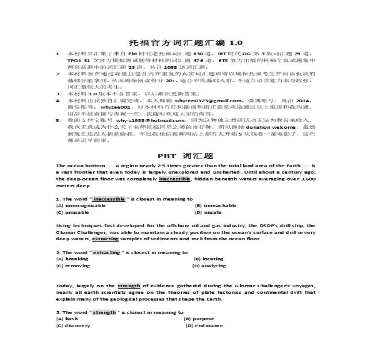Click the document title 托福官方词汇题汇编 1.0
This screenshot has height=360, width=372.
click(x=186, y=43)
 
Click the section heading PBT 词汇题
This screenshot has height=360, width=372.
click(x=186, y=156)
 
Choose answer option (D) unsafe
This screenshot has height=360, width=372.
click(x=208, y=212)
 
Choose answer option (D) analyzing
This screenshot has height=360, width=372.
click(x=209, y=266)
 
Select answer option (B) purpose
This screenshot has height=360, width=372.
click(x=199, y=319)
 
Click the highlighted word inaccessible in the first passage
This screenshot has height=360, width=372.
click(x=174, y=179)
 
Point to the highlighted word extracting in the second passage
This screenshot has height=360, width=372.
click(x=105, y=239)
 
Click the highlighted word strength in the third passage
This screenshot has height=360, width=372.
click(x=129, y=286)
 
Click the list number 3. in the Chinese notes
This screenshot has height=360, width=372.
click(x=58, y=94)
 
